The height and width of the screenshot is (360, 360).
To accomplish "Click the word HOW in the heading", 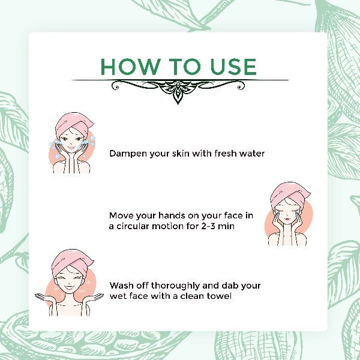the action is tap(130, 67).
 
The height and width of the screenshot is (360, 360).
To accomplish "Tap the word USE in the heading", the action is tap(233, 67).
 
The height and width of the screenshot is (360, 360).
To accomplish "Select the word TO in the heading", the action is tap(184, 67).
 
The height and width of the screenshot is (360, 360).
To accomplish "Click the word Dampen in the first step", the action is tap(128, 154).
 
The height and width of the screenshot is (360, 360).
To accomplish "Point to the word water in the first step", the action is tap(252, 154).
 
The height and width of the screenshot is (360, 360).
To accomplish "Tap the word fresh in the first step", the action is tap(226, 154).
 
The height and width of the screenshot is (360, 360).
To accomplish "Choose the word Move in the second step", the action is tap(121, 215).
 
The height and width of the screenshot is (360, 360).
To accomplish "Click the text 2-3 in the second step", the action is tap(208, 226).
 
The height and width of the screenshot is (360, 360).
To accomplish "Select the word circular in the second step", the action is tap(133, 226).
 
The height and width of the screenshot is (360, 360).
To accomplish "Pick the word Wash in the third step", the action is tap(121, 286).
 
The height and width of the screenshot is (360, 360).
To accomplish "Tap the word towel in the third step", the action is tap(219, 296).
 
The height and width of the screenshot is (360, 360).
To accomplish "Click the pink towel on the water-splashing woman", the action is tap(73, 124).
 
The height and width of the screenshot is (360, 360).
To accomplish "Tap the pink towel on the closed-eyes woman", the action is tap(289, 194).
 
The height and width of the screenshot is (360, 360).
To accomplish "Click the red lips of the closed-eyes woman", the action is tap(287, 219).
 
